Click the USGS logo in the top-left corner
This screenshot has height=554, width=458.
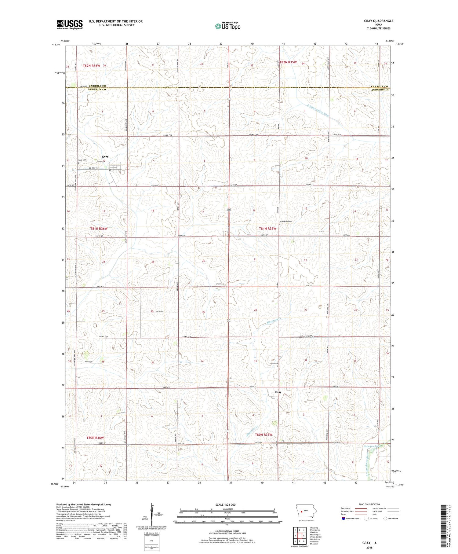[x=70, y=24]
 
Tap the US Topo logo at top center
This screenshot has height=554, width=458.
[x=227, y=26]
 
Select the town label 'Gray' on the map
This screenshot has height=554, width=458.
[x=105, y=156]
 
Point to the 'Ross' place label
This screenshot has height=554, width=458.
[x=278, y=392]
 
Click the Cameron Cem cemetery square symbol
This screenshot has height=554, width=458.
[x=280, y=224]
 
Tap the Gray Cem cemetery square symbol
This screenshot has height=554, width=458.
[x=78, y=163]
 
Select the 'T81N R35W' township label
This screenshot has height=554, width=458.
[x=267, y=229]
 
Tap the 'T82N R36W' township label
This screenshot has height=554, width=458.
[x=92, y=66]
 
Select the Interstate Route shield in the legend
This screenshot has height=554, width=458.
[x=344, y=519]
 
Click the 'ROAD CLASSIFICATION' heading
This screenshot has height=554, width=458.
[x=369, y=504]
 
